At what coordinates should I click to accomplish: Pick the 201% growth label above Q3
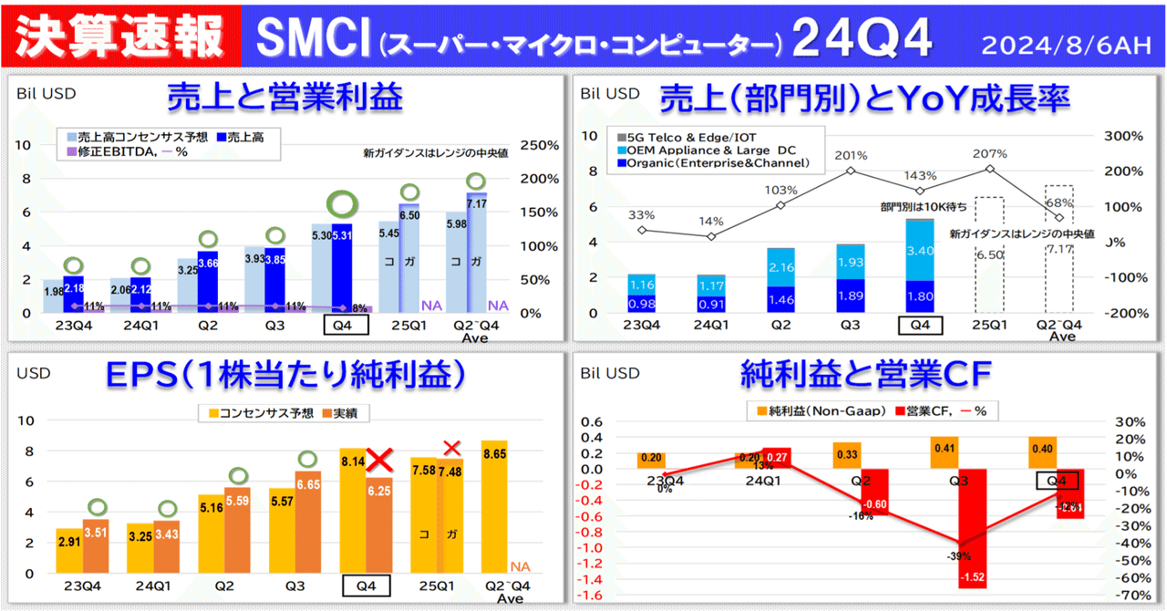coord(850,154)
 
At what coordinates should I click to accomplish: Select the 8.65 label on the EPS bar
coord(495,453)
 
